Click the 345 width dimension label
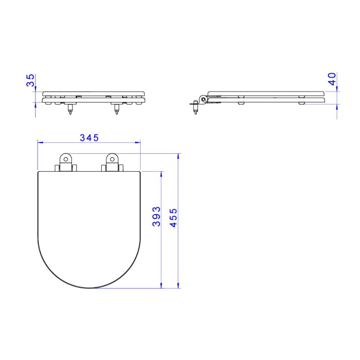89,138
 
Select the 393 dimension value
156,216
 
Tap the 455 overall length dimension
174,218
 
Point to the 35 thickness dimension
30,80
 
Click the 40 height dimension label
332,79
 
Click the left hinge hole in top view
66,159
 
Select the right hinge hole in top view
112,159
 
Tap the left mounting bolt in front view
70,109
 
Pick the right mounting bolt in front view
117,109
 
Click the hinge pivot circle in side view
203,99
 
